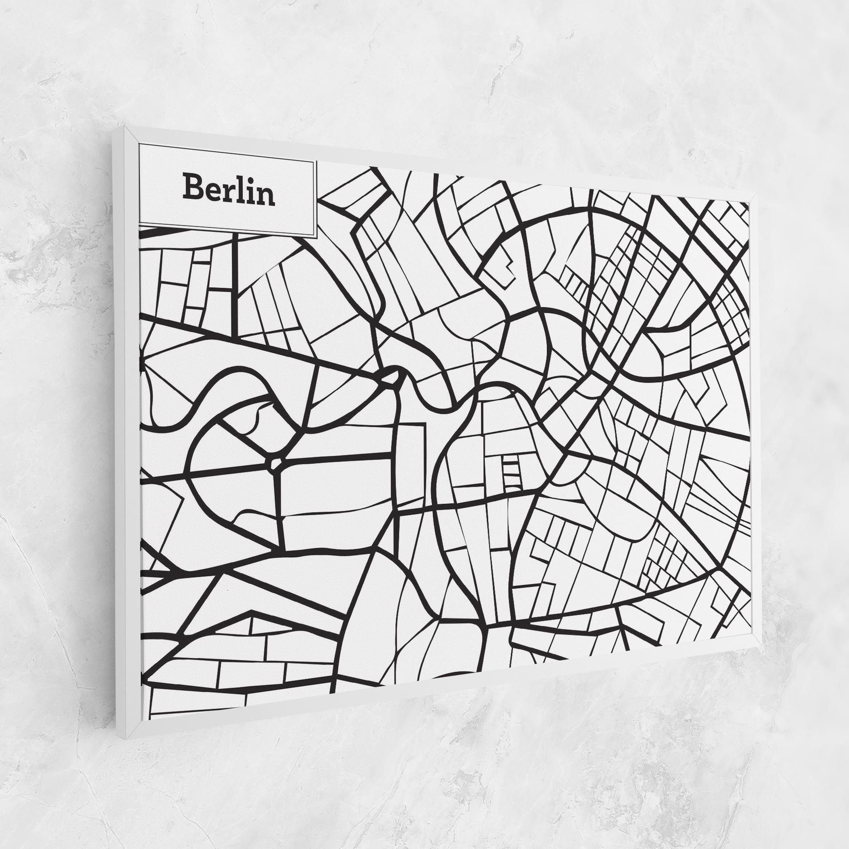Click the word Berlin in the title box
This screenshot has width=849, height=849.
click(228, 190)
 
